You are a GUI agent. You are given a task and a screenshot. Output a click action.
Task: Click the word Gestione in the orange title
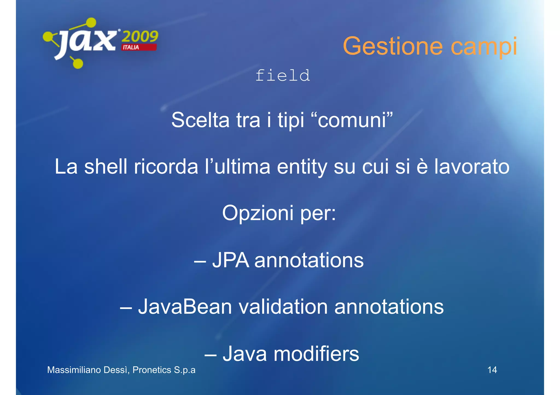(393, 46)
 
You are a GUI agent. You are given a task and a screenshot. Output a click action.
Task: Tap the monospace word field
(283, 76)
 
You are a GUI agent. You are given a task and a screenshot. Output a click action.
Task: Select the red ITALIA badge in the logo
(139, 47)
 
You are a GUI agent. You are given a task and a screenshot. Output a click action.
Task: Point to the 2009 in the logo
(140, 36)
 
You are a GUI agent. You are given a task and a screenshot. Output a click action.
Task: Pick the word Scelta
(200, 120)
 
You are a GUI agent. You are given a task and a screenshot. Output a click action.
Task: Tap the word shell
(106, 167)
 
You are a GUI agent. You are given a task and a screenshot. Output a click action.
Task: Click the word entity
(302, 167)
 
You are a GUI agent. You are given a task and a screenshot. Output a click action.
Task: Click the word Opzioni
(258, 213)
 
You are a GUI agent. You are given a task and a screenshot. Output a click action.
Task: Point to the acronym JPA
(231, 260)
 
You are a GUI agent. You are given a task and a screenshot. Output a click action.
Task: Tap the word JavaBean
(185, 307)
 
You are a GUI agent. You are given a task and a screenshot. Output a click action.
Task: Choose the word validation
(283, 307)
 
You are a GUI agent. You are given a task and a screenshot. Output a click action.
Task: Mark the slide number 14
(492, 370)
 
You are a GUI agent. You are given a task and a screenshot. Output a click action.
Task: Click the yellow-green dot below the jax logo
(78, 64)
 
